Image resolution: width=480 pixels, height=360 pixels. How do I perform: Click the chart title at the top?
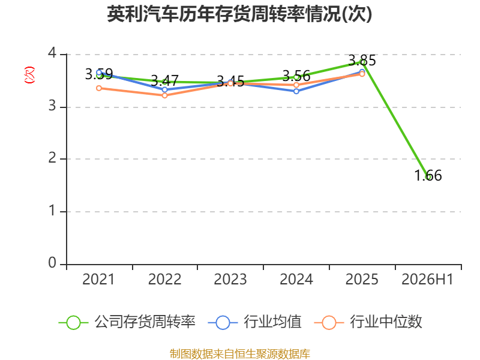click(239, 14)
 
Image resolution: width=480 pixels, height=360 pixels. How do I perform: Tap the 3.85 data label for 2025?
click(362, 61)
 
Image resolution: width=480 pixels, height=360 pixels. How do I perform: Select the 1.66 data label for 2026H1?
click(428, 176)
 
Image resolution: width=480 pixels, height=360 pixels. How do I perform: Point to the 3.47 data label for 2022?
click(164, 81)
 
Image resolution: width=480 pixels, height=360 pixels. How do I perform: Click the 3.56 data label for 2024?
click(296, 76)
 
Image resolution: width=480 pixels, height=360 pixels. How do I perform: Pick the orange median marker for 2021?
click(99, 88)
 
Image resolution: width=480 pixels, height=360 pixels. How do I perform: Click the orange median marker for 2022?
click(164, 95)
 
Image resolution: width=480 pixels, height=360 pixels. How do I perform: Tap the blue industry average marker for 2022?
click(164, 89)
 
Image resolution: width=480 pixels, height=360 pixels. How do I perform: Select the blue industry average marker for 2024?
click(296, 91)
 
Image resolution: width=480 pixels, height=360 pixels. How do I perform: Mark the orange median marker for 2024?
click(296, 85)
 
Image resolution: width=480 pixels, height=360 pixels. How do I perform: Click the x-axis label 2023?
click(230, 279)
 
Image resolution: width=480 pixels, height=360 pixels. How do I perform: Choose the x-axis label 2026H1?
click(427, 279)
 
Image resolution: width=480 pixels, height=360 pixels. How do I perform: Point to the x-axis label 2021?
click(98, 279)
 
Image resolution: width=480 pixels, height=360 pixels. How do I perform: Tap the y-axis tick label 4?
click(52, 53)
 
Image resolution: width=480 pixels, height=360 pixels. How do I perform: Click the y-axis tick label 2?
click(52, 158)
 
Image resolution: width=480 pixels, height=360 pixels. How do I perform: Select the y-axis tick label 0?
click(52, 263)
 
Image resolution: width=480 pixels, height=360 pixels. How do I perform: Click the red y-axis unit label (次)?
click(29, 75)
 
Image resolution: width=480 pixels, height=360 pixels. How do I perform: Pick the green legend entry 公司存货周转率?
click(127, 322)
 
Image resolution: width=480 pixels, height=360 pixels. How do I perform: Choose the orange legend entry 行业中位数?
click(368, 322)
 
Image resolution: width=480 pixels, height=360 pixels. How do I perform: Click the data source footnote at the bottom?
click(240, 354)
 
